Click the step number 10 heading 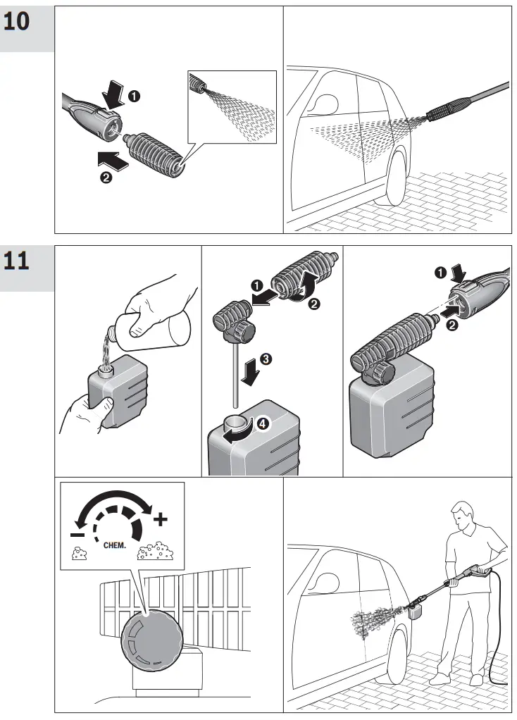[18, 22]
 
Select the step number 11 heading [18, 261]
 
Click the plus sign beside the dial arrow [161, 520]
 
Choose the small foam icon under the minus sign [80, 554]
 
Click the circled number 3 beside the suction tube [265, 358]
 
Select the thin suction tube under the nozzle [233, 373]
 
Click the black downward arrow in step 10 [111, 94]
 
